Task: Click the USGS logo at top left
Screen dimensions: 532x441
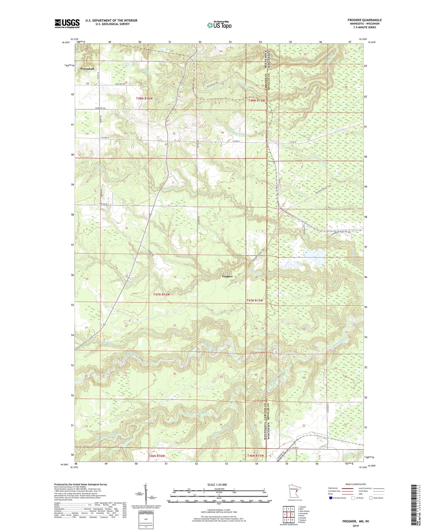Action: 67,23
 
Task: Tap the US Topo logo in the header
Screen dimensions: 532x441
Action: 219,25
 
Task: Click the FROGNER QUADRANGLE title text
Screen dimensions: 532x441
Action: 364,20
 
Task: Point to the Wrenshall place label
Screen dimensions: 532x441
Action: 87,69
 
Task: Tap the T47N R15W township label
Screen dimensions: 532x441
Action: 255,300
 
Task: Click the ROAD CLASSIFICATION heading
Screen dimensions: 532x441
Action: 355,484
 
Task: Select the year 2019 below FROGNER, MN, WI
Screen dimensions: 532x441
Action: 355,526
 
